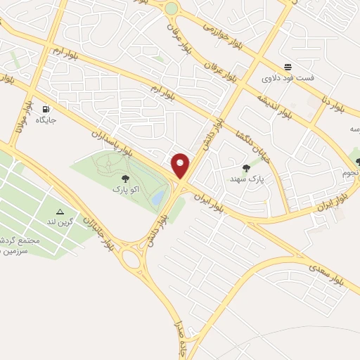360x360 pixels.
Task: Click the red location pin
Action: click(181, 166)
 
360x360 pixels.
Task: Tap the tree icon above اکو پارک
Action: click(125, 179)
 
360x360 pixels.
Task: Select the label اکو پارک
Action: click(125, 190)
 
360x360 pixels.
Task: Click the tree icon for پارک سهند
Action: click(245, 167)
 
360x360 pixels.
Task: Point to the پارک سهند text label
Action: click(245, 179)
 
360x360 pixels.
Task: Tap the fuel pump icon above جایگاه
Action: click(46, 109)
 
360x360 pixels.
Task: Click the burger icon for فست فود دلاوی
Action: click(288, 66)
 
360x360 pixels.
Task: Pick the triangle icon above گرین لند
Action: click(59, 211)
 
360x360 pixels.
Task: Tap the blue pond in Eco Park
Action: click(160, 196)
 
